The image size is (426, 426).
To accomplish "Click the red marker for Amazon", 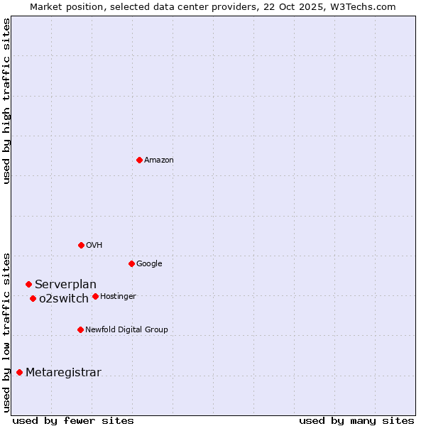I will (x=139, y=160).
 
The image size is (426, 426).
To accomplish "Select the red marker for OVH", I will (x=81, y=245).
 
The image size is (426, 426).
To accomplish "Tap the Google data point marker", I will (x=131, y=263).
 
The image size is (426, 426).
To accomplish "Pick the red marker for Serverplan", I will (x=28, y=284).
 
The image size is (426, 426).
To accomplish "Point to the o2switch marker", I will (x=33, y=298).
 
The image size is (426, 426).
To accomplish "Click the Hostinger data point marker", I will (x=95, y=296).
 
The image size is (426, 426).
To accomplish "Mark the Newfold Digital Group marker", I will (x=80, y=329).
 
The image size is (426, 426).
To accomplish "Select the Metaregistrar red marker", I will (x=19, y=372).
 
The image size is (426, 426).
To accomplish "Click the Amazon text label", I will (x=159, y=160).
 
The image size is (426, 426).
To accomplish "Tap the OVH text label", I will (x=94, y=246).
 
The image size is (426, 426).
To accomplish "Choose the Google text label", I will (x=149, y=264).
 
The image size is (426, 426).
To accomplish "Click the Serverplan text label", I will (x=65, y=285).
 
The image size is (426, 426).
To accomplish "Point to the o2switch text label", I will (x=64, y=299).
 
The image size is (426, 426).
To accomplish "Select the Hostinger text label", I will (x=118, y=297).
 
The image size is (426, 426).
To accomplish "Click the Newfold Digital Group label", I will (x=126, y=330).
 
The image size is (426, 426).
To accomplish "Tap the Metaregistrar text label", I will (x=63, y=373).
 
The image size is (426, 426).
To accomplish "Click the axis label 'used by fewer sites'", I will (x=73, y=420).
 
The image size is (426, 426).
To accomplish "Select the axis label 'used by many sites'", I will (x=356, y=420).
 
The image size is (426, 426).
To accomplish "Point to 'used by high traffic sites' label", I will (x=6, y=101).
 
